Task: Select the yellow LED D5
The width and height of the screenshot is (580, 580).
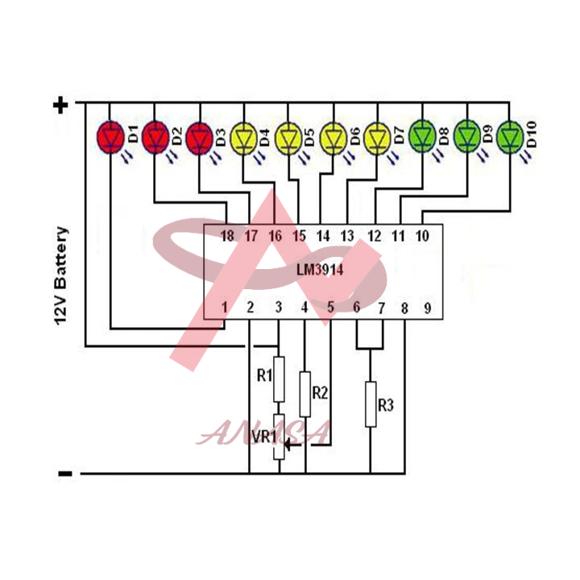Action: [288, 137]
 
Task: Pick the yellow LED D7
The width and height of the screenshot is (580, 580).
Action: [377, 137]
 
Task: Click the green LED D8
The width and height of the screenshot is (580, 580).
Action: [422, 137]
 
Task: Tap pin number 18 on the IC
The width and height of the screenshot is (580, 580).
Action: [227, 236]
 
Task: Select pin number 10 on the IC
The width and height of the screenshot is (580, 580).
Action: [421, 236]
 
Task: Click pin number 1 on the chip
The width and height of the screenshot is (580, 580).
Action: [226, 308]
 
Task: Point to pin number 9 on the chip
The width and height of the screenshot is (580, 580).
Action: [428, 308]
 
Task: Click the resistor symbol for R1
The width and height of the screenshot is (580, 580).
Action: [279, 379]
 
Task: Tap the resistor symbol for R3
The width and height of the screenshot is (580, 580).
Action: [371, 404]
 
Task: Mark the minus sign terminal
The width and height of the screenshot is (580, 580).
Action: [64, 474]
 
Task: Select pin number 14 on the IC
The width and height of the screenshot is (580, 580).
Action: [323, 236]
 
